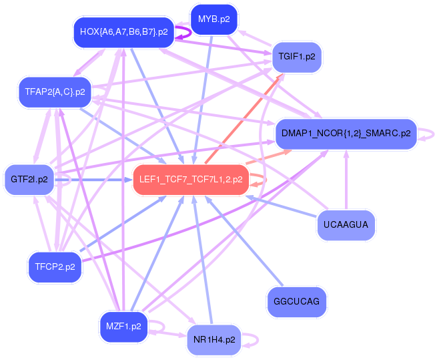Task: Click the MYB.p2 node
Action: [213, 19]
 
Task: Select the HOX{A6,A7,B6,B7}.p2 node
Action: [123, 31]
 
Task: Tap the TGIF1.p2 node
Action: [297, 57]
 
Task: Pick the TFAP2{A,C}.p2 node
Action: [55, 92]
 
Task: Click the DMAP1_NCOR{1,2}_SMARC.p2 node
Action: [346, 134]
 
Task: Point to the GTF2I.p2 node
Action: [29, 180]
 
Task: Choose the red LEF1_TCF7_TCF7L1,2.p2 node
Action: [191, 179]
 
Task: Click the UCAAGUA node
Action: [346, 224]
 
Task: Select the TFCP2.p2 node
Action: [55, 267]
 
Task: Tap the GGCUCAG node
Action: [296, 303]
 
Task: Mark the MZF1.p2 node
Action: [123, 327]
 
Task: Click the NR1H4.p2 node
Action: [214, 340]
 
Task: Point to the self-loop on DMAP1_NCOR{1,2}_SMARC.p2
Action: [431, 134]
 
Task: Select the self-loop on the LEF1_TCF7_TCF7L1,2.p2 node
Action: [263, 179]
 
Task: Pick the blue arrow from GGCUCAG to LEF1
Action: [241, 241]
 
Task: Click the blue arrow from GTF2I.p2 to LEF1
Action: [93, 180]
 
